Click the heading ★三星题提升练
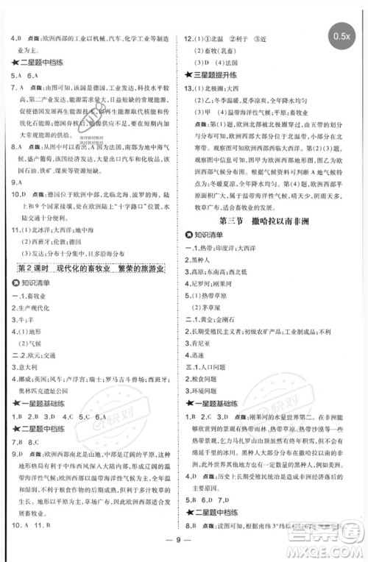213,76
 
